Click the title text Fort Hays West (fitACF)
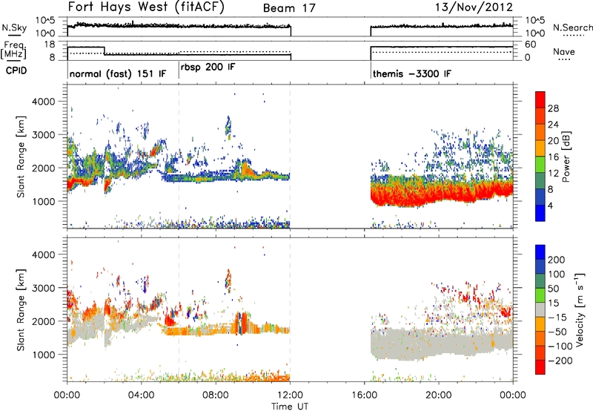coord(146,7)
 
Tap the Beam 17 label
coord(289,8)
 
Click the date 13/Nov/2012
coord(474,7)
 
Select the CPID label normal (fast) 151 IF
coord(118,73)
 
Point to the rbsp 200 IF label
coord(208,68)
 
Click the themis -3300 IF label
coord(412,73)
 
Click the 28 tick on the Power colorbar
coord(553,108)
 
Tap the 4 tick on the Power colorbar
coord(550,205)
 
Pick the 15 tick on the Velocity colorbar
coord(553,303)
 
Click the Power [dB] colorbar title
coord(566,157)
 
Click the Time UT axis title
coord(290,407)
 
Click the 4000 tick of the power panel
coord(44,102)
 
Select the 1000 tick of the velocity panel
coord(44,355)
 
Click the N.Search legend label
coord(572,27)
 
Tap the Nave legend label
coord(564,51)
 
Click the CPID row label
coord(16,70)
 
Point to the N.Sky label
coord(14,27)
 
